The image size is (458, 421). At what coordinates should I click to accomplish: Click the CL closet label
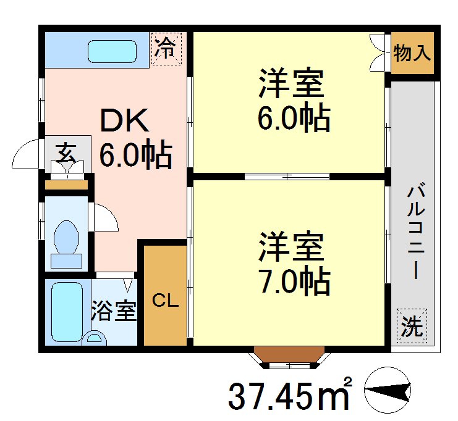tap(166, 301)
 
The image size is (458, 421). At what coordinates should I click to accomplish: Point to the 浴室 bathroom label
tap(113, 311)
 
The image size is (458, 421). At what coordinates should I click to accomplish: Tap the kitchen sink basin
tap(111, 51)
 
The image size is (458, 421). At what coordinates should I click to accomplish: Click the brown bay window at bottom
tap(289, 355)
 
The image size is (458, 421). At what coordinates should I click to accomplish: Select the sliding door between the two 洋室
tap(287, 177)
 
